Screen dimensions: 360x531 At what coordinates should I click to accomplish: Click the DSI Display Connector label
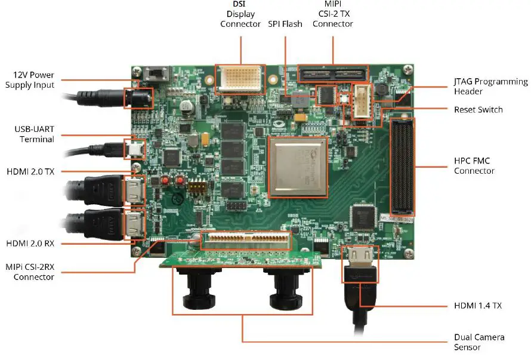coord(240,14)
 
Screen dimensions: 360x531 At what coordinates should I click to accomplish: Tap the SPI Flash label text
coord(285,24)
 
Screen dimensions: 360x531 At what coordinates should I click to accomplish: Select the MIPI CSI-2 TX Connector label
coord(332,14)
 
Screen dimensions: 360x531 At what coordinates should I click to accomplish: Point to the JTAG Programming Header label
coord(490,87)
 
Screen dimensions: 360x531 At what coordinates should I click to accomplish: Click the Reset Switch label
coord(478,110)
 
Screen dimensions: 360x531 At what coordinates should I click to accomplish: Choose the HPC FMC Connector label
coord(474,165)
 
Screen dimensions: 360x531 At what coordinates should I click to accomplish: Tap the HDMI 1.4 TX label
coord(477,306)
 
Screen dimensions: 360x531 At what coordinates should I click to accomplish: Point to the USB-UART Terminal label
coord(34,134)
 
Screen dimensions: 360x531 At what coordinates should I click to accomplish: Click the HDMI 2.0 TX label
coord(30,171)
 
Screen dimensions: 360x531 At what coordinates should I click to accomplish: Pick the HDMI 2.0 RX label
coord(30,244)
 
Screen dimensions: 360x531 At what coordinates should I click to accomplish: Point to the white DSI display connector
coord(240,79)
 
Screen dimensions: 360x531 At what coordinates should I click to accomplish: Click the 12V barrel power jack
coord(137,98)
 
